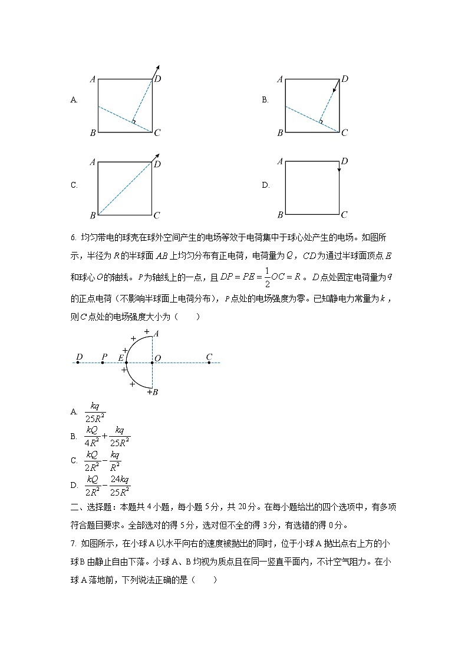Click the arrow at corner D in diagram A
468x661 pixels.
pos(156,72)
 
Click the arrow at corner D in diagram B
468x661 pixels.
pos(336,87)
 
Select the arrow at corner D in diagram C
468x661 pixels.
pos(156,157)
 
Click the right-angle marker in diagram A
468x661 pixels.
pos(134,121)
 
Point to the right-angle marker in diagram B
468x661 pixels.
pos(321,121)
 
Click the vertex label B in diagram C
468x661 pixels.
pos(93,215)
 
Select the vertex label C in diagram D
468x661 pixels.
pos(345,215)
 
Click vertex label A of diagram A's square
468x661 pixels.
pos(93,79)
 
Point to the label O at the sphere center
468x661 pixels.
pos(157,357)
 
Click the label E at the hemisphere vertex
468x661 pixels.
pos(121,357)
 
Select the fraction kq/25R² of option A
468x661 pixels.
pos(94,413)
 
